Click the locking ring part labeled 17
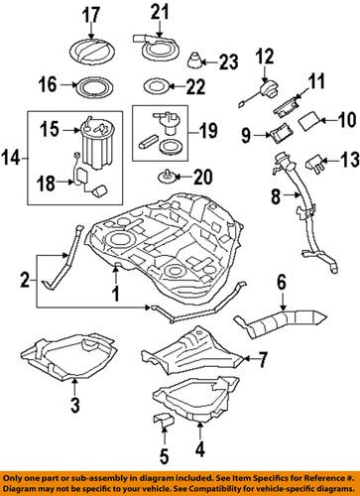pos(90,47)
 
